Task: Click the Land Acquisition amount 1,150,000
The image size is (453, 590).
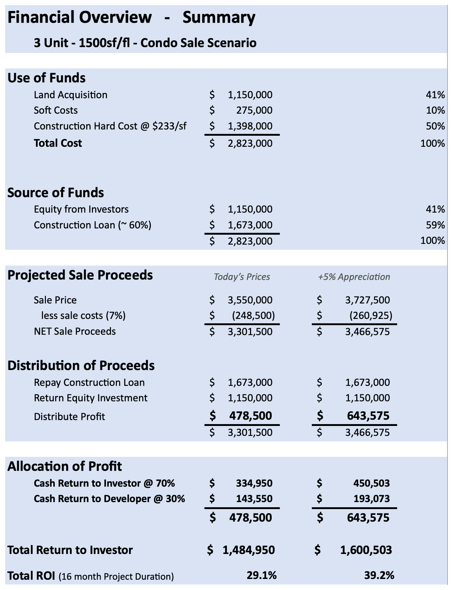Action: point(250,95)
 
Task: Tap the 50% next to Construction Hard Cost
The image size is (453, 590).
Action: point(436,126)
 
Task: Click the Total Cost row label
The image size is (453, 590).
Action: point(58,143)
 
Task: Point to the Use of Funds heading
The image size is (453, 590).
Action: point(46,78)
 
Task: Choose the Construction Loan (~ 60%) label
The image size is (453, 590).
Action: point(92,225)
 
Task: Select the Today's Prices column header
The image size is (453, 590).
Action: point(242,277)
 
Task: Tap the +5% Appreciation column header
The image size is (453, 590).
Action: point(354,277)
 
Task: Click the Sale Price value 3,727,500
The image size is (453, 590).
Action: point(367,300)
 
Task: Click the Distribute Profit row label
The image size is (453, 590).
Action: point(69,417)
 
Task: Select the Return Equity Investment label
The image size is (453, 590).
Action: point(90,398)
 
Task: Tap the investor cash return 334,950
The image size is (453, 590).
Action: point(254,483)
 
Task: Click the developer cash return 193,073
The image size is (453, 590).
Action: point(371,499)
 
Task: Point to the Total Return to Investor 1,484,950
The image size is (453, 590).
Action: point(249,550)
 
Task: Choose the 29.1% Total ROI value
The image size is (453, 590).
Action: point(261,575)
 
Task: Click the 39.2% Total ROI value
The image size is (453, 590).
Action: point(379,575)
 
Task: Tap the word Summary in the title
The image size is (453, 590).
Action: point(219,17)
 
